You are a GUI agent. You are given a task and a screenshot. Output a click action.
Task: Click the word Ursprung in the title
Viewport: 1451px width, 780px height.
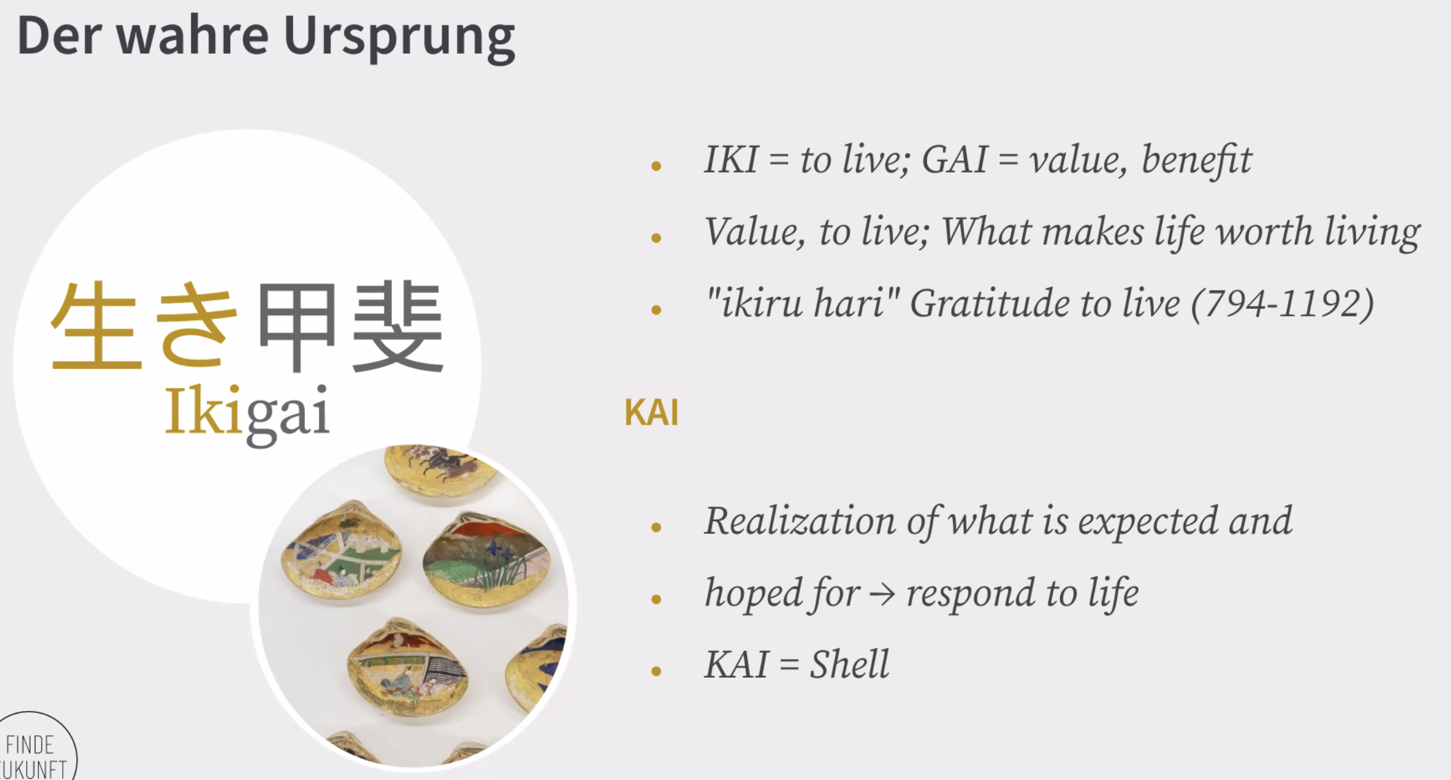pos(399,38)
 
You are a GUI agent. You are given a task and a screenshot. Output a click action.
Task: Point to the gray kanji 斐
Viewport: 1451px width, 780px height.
pos(398,326)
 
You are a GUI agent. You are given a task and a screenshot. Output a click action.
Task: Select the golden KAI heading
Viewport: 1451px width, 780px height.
pos(651,412)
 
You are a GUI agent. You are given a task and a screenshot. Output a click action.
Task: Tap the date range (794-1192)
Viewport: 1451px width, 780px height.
pos(1282,303)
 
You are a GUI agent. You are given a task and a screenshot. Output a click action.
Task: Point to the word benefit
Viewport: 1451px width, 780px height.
pos(1196,159)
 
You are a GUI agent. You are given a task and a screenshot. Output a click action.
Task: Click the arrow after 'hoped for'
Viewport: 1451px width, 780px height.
pos(882,595)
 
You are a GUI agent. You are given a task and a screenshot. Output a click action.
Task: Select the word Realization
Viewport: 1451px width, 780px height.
pos(800,520)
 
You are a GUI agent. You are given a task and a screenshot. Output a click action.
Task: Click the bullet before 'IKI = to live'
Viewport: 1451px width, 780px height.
pos(656,166)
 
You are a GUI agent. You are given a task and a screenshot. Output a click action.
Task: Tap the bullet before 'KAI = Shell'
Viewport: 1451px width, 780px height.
pos(656,671)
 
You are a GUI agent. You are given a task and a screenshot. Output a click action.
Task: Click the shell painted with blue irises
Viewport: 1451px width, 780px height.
pos(486,559)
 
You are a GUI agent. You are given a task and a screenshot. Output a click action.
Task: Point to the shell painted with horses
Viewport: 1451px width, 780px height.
pos(441,470)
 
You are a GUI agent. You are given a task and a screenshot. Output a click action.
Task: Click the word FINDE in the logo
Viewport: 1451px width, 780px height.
pos(29,745)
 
